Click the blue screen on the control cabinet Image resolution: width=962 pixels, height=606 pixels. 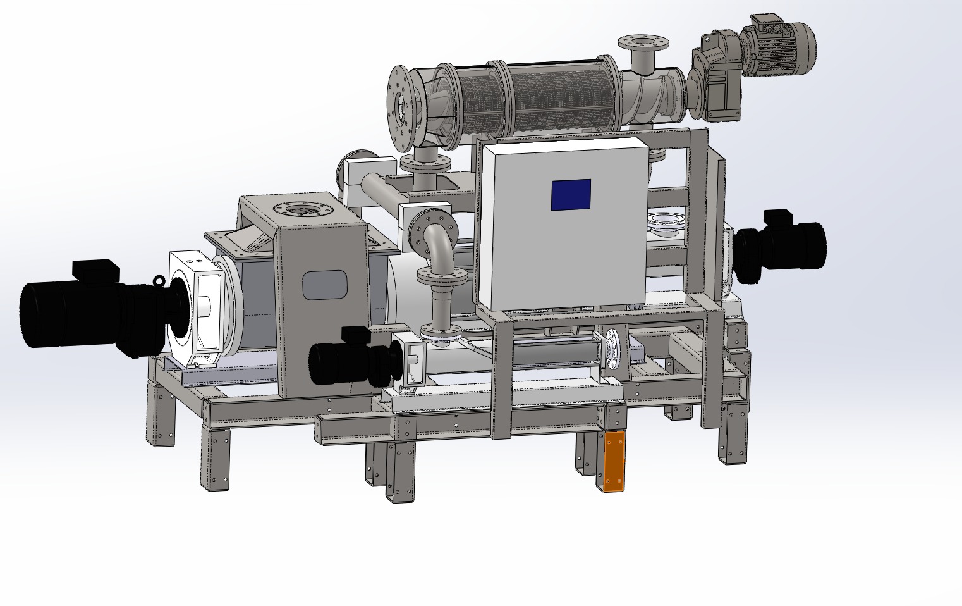[571, 194]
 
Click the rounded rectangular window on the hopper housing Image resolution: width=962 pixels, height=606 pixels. [325, 285]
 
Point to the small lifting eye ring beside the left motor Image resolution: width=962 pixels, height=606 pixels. [158, 281]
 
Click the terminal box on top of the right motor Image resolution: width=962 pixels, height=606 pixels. [775, 218]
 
